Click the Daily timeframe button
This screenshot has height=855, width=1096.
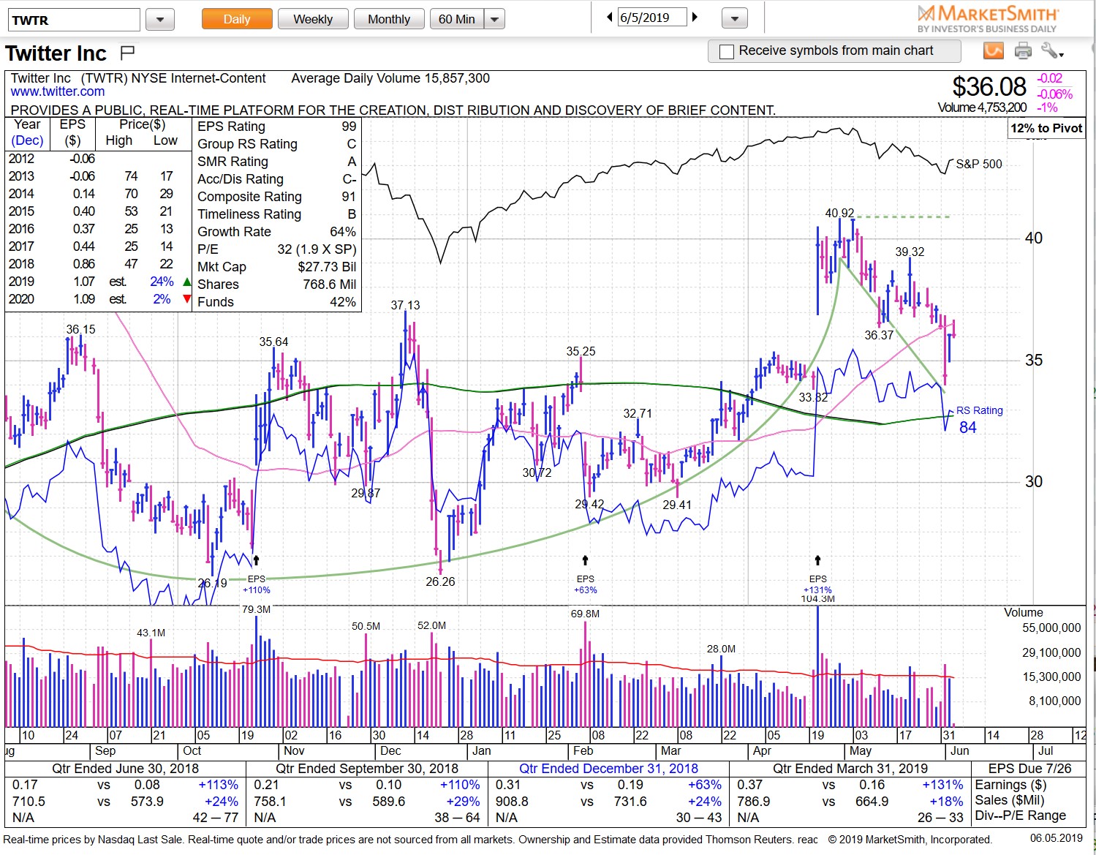[x=236, y=19]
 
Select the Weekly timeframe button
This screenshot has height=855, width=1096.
[x=313, y=19]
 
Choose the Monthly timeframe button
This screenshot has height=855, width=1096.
[x=388, y=19]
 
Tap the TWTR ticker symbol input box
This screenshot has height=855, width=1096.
[x=73, y=20]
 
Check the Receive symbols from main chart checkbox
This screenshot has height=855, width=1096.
[x=727, y=51]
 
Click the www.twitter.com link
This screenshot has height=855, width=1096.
[x=58, y=91]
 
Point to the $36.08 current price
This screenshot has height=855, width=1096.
[x=989, y=87]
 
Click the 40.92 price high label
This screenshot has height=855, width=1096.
[x=839, y=213]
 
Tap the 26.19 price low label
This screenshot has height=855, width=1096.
[x=212, y=583]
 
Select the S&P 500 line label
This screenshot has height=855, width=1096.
[x=978, y=164]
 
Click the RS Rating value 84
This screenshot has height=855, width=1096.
[x=967, y=427]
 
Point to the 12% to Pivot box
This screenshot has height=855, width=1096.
[x=1046, y=128]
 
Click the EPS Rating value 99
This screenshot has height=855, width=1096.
[x=349, y=127]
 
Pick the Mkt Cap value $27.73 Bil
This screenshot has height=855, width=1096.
[x=327, y=267]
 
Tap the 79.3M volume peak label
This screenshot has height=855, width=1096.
[x=256, y=609]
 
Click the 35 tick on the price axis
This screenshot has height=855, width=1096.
[x=1033, y=360]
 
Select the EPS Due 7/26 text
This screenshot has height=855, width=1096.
[x=1029, y=768]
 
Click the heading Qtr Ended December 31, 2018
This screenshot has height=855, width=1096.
[x=608, y=768]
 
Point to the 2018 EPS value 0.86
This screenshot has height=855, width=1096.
[x=83, y=264]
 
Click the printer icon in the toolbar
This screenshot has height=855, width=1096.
[x=1023, y=50]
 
